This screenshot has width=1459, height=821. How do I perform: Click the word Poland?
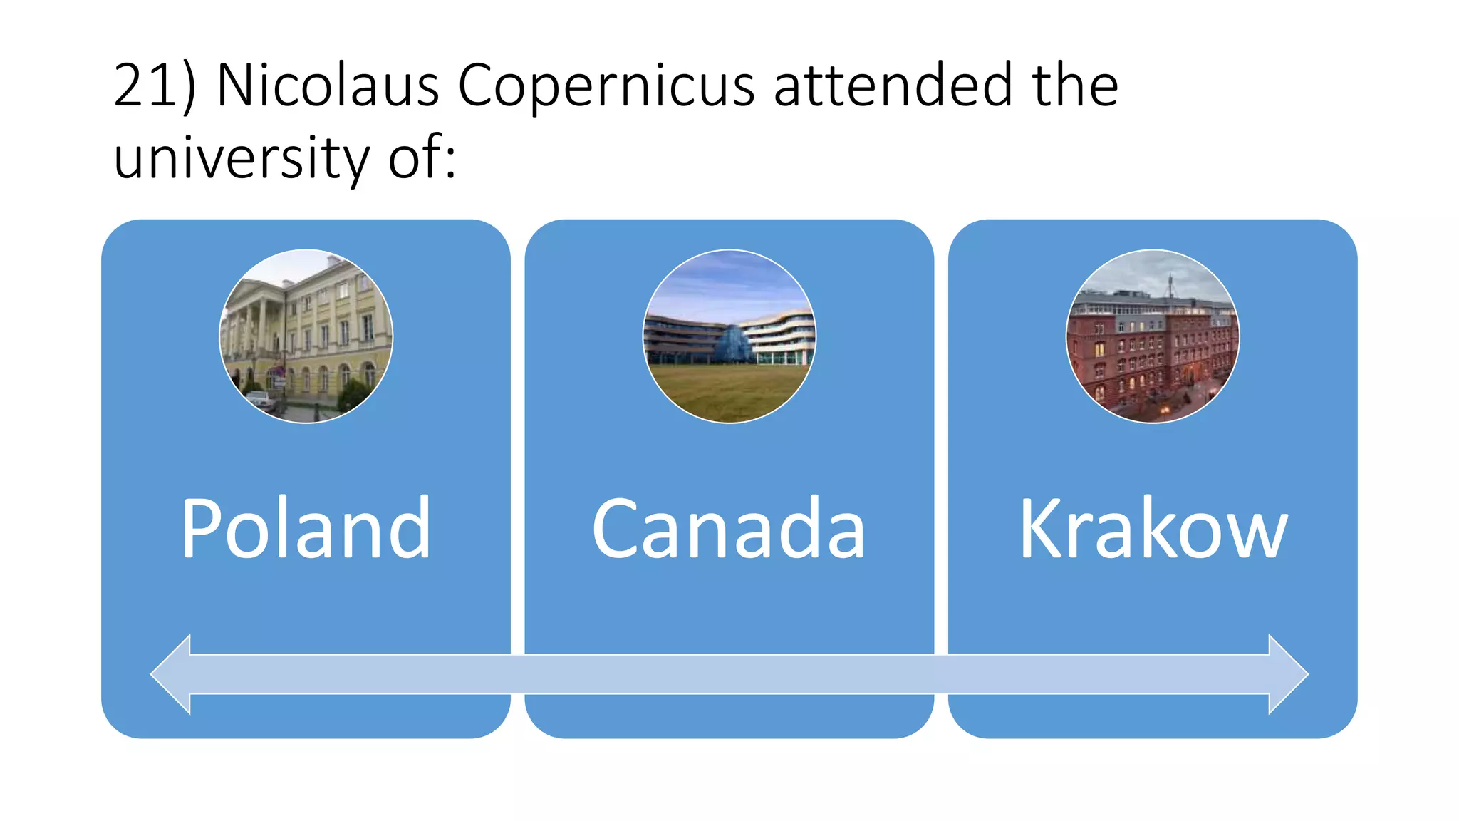point(306,528)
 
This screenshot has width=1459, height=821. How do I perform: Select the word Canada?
point(728,528)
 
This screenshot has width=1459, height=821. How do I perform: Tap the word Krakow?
point(1153,528)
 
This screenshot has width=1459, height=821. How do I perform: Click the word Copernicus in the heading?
point(606,86)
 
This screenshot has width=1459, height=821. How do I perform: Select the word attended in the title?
point(893,86)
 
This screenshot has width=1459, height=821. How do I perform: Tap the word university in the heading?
point(242,158)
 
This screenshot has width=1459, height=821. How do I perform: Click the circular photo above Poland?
point(306,336)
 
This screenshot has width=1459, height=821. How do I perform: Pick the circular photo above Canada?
point(729,336)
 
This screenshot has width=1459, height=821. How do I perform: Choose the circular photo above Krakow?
point(1152,336)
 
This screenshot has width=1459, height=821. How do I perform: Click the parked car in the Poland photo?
point(261,401)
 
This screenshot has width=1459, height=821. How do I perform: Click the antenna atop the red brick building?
point(1169,285)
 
